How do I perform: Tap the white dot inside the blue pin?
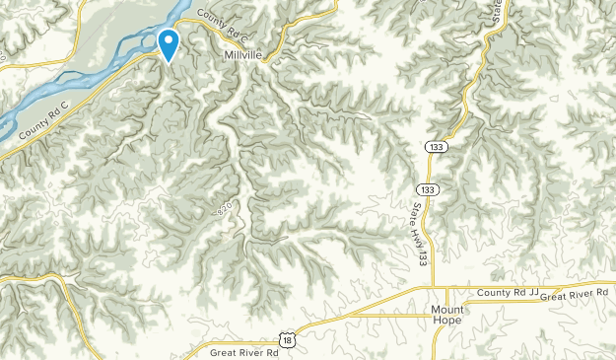[169, 41]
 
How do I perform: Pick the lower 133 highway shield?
[425, 189]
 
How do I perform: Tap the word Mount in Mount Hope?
[446, 309]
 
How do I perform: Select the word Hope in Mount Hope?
[448, 322]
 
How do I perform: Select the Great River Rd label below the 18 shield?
[246, 349]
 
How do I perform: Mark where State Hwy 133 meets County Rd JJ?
[433, 288]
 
